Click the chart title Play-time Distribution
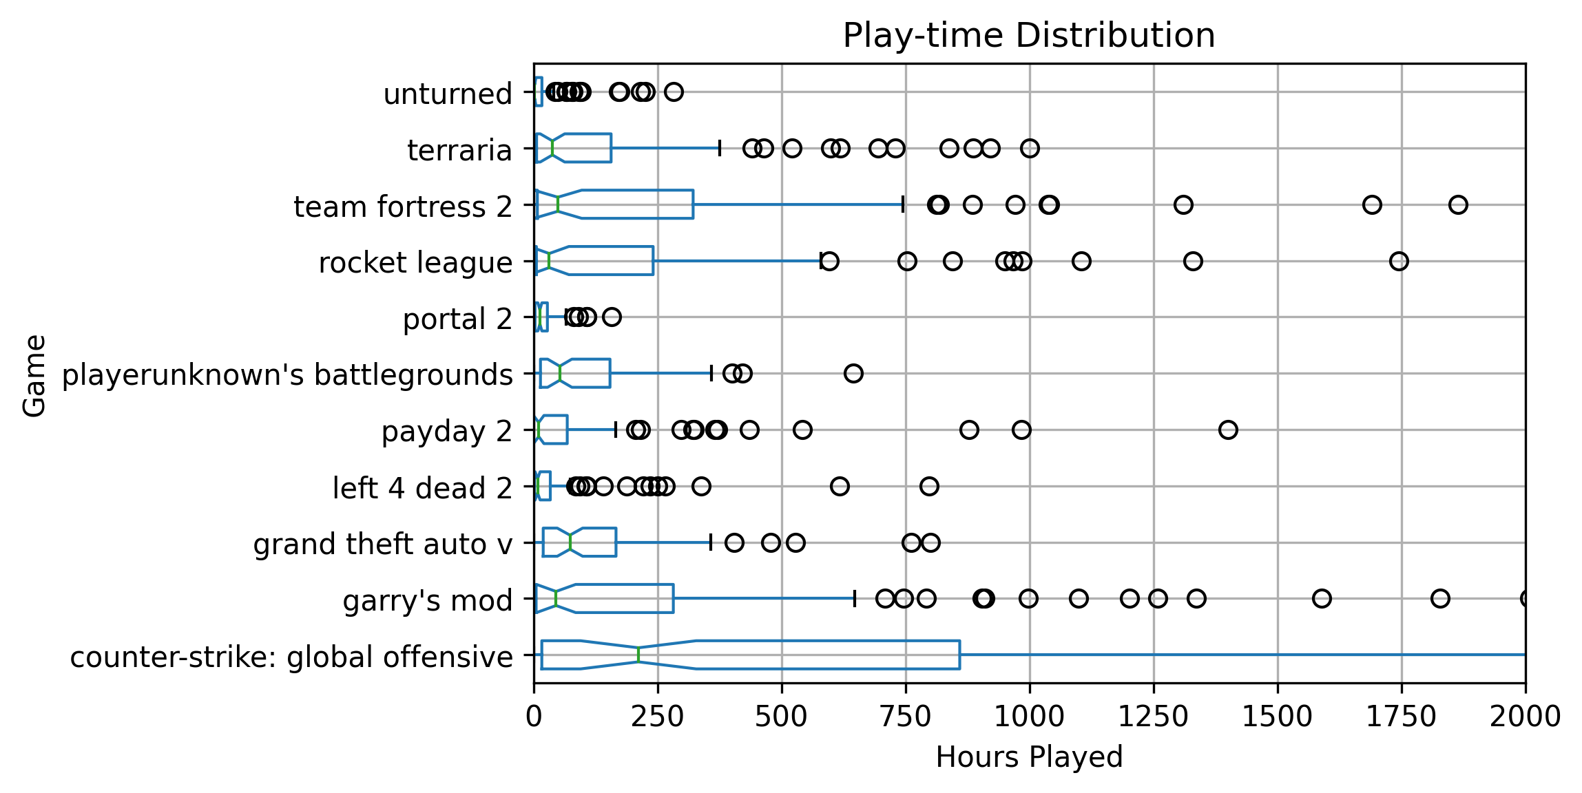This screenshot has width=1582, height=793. (1029, 35)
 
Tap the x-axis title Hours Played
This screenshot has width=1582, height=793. (1029, 757)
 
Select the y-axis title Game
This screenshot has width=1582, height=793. (34, 375)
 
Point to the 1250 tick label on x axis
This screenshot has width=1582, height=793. (1153, 717)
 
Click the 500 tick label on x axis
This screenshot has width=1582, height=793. (781, 717)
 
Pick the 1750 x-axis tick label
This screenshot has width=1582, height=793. (1401, 717)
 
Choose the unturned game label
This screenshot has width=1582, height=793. (448, 94)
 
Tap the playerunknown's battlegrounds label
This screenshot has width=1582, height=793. (287, 375)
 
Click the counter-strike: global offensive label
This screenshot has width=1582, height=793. (291, 657)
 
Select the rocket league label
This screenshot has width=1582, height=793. (415, 262)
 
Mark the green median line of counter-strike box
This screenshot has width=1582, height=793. (638, 655)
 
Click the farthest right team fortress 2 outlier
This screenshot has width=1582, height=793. (1458, 204)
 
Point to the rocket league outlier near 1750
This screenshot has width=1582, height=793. (1399, 261)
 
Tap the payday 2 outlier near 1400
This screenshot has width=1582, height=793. (1228, 430)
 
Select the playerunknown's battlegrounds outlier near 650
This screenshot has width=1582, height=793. (853, 374)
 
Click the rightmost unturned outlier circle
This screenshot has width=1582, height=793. (674, 92)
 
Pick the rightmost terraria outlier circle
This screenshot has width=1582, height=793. (1030, 148)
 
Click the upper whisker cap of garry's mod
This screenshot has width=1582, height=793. (855, 599)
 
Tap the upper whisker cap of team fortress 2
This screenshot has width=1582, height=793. (903, 204)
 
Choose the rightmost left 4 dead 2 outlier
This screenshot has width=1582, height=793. (929, 487)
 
